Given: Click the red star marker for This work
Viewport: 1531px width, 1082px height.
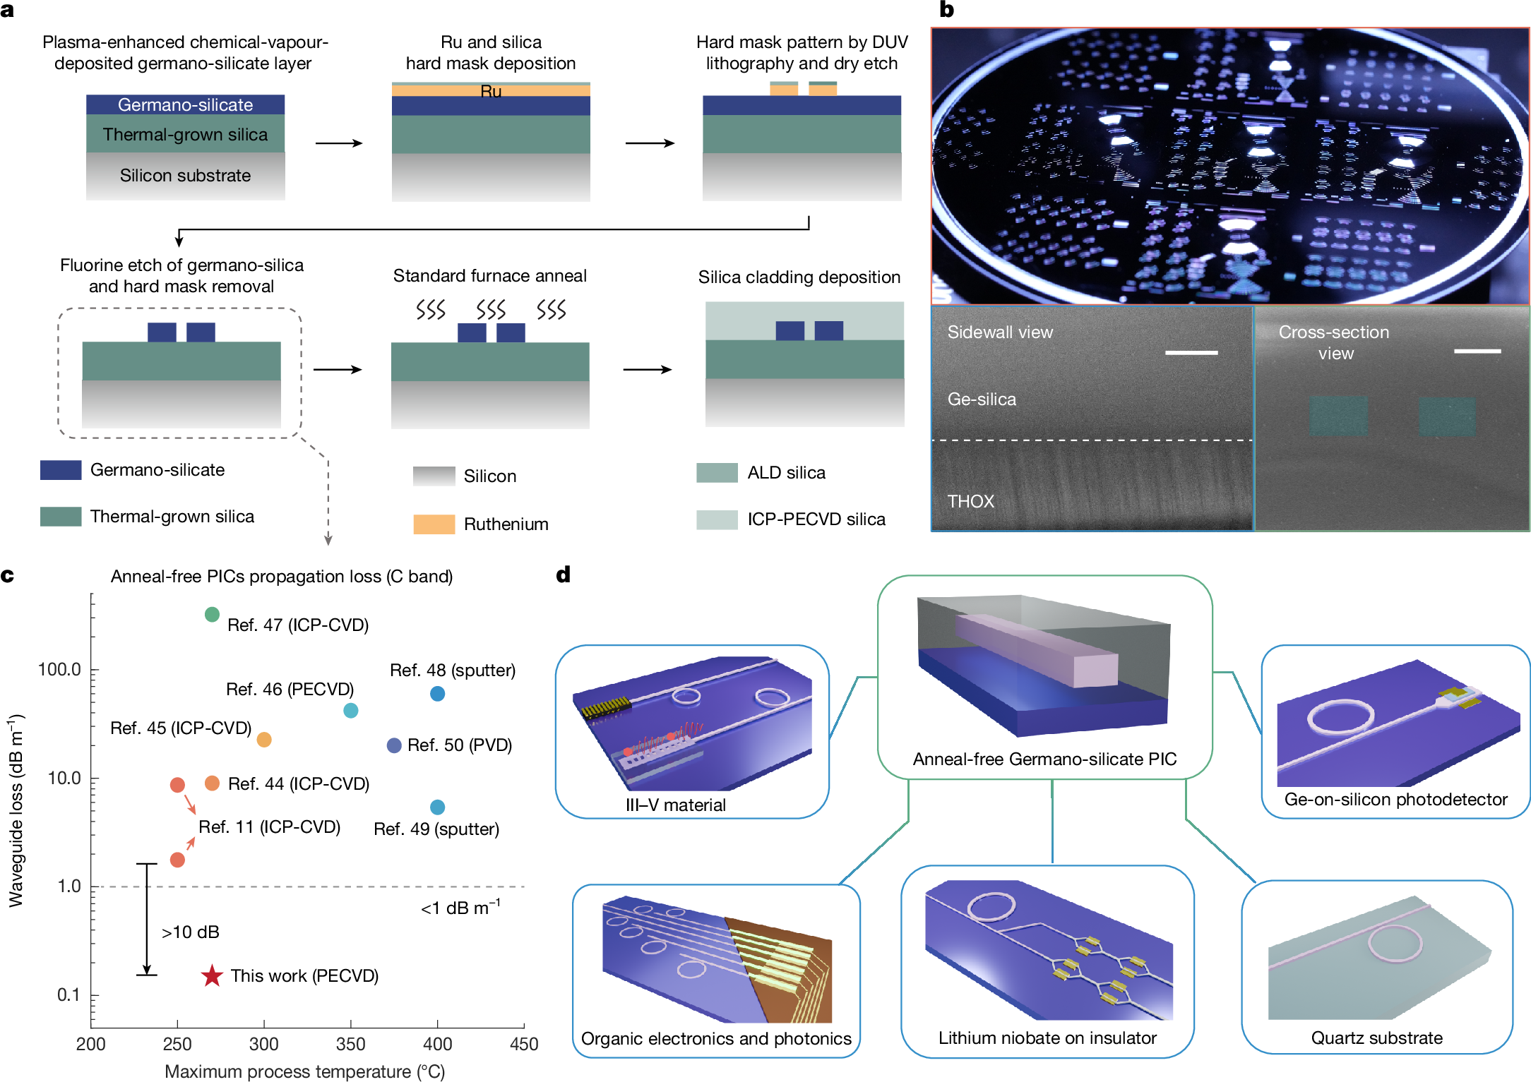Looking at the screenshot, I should [212, 976].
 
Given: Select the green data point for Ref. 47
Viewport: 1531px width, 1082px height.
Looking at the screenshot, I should [212, 615].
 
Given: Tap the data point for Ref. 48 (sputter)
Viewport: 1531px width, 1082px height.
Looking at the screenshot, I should [438, 694].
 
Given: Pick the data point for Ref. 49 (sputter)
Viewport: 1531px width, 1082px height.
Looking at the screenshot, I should [438, 807].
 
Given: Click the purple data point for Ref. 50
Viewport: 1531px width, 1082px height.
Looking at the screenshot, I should [395, 745].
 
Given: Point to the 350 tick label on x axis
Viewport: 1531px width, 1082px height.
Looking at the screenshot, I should [350, 1044].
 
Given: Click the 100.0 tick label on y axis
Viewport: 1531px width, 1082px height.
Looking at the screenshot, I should [59, 669].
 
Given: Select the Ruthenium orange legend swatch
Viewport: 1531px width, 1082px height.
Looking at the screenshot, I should [434, 524].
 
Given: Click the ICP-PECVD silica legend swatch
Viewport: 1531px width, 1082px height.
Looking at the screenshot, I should [717, 519].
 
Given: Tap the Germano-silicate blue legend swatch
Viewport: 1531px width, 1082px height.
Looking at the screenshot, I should [61, 470].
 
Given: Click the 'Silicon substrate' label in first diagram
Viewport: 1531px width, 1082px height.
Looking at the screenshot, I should [185, 176].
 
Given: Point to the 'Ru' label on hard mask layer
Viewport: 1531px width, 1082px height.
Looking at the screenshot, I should [491, 91].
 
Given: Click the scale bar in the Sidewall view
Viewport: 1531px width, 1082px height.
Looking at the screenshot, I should [1191, 352].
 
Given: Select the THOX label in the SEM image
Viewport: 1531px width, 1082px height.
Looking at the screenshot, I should [970, 501].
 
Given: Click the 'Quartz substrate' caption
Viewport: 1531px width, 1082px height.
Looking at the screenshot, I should [1376, 1038].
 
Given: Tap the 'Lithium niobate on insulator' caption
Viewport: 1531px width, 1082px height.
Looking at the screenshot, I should [1047, 1038].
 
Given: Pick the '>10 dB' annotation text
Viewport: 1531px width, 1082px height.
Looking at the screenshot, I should [191, 932].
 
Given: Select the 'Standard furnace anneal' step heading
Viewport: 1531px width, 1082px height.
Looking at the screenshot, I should [489, 276].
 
